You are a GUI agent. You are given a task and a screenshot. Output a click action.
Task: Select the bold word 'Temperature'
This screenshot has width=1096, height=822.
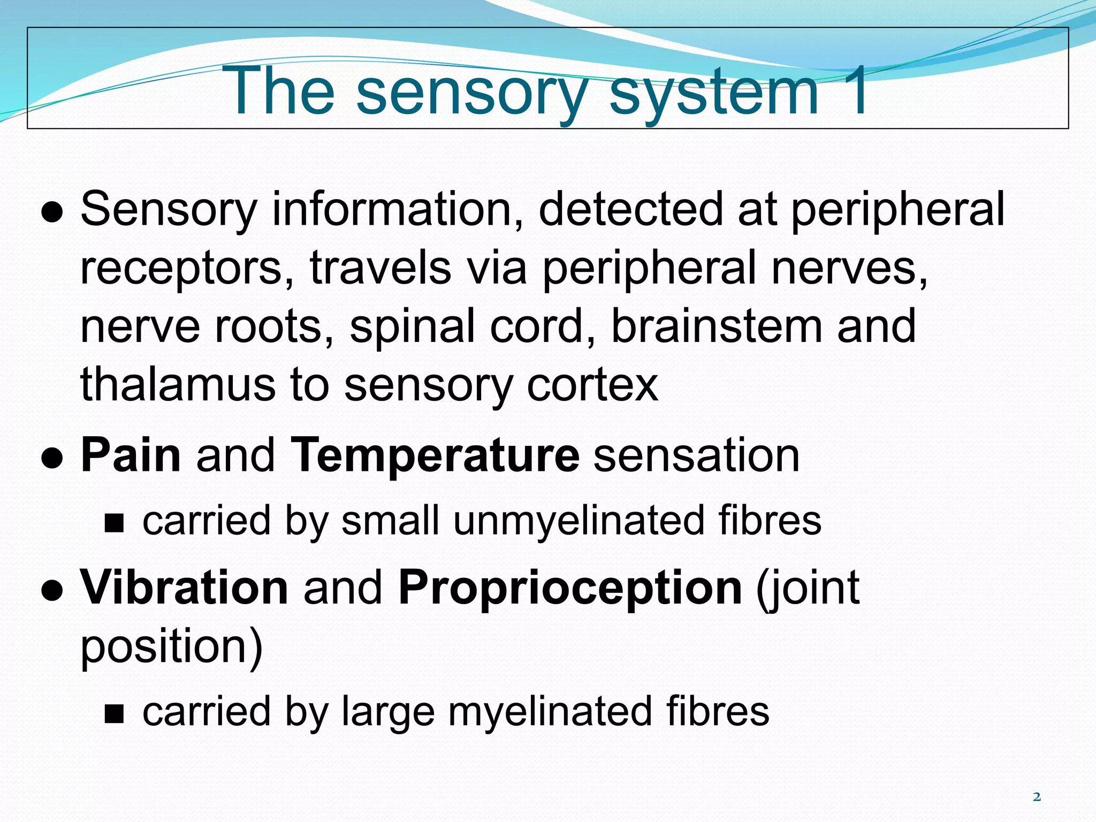point(435,456)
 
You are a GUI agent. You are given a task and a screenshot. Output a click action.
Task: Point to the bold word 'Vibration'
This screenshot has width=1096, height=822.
point(185,588)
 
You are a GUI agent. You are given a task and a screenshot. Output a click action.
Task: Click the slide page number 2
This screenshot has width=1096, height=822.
point(1037,797)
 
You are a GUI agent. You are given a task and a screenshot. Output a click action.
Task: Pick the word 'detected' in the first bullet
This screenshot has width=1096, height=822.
point(631,209)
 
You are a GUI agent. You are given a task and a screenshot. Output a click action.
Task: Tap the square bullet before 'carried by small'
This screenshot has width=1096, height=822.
point(114,523)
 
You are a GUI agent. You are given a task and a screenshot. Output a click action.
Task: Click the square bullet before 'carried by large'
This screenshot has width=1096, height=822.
point(114,713)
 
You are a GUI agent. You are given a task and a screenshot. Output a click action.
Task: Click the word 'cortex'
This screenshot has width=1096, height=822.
point(592,385)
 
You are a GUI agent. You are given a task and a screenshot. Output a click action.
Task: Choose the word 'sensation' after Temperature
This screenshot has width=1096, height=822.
point(697,456)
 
